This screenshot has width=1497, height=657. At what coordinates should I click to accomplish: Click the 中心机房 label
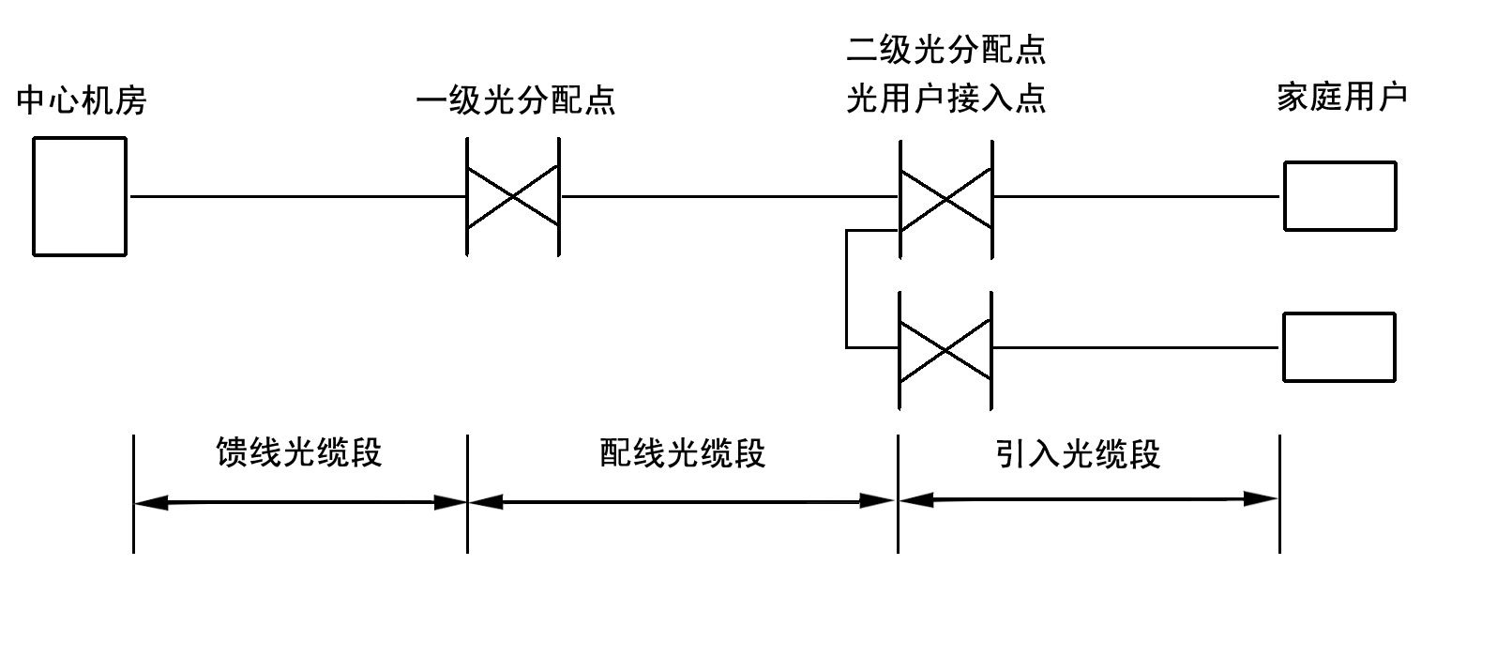click(82, 99)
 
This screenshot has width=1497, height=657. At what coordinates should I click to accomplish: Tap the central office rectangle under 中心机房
click(80, 196)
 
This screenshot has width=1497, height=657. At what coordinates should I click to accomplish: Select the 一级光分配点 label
click(515, 99)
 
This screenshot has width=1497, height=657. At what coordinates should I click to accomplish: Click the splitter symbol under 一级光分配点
click(513, 197)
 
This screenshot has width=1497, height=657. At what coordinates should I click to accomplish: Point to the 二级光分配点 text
click(945, 49)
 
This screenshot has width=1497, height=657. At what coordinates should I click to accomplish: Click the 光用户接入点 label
click(945, 99)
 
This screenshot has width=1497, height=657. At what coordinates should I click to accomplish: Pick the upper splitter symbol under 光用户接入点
click(945, 198)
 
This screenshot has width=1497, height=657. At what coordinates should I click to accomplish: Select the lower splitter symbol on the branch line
click(945, 349)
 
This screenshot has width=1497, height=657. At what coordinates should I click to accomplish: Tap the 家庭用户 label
click(1341, 97)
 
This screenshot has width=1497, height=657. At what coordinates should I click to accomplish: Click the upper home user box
click(1339, 196)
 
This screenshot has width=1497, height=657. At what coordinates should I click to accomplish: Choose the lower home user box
click(1339, 347)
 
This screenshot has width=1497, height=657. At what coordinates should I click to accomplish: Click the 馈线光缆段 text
click(299, 452)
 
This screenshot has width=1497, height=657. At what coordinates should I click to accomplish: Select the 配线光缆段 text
click(682, 452)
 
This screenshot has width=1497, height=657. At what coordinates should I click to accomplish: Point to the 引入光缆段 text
click(1078, 454)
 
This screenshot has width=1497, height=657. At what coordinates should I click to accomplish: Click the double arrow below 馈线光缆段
click(300, 503)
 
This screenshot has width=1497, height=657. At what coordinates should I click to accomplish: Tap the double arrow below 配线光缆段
click(682, 502)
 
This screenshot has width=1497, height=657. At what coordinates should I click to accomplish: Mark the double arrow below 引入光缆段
click(1088, 499)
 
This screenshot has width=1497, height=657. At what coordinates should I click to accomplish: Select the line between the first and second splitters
click(729, 197)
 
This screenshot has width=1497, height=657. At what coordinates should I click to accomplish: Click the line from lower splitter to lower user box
click(1136, 348)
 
